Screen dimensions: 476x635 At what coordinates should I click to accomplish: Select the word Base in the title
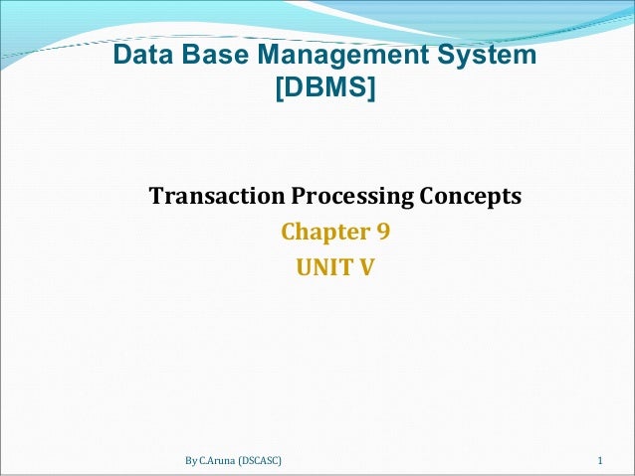(209, 56)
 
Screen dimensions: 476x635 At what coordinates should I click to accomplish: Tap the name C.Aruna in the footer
(222, 462)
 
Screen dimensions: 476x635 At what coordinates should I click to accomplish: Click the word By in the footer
(192, 462)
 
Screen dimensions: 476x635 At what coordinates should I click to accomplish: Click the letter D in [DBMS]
(291, 90)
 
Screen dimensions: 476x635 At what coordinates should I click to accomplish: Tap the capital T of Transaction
(156, 196)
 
